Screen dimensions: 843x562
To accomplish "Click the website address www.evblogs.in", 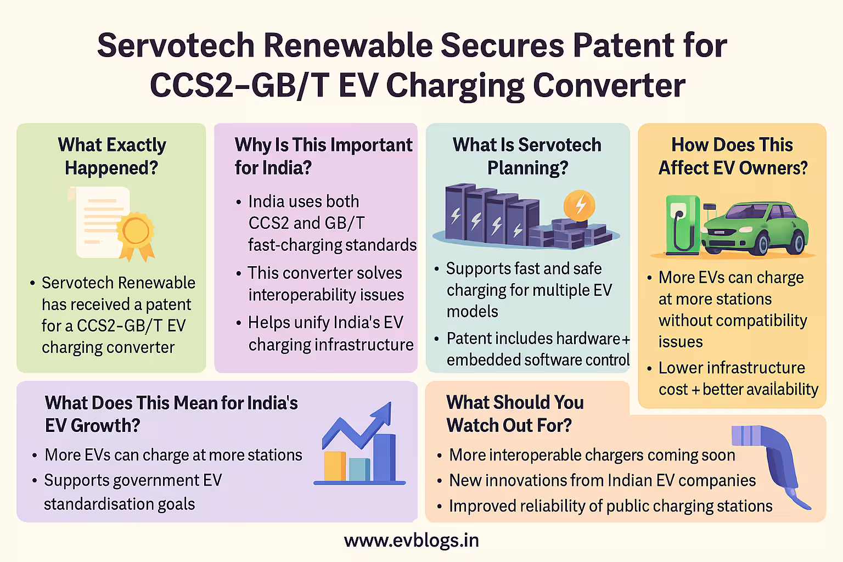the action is pos(411,541).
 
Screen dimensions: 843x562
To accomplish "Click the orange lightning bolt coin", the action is pos(580,205).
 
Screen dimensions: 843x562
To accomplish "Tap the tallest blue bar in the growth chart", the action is pos(384,457).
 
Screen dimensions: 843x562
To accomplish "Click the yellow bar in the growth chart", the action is pos(335,467).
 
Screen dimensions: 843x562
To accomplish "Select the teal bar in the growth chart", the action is pos(359,469).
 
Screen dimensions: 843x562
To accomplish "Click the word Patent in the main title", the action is pos(623,46).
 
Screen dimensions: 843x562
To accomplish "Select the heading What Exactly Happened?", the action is pos(112,156).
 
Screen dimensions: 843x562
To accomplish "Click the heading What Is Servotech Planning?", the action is pos(527,156).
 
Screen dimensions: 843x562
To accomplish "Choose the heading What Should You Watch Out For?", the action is pos(515,414).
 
